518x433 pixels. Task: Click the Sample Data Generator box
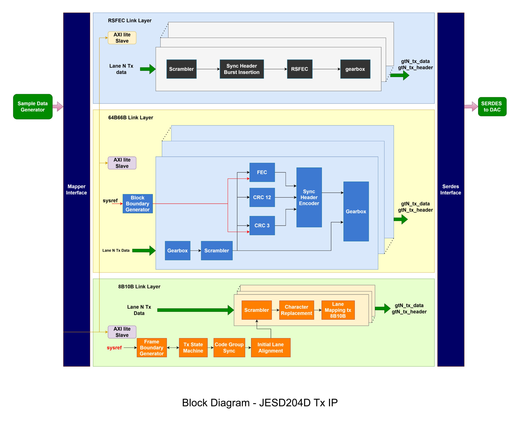[33, 106]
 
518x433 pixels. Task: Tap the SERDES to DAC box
[492, 106]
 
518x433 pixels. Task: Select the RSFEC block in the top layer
[299, 69]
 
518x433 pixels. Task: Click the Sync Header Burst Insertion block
[241, 69]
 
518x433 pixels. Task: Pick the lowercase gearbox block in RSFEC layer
[355, 69]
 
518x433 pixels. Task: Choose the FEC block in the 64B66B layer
[262, 172]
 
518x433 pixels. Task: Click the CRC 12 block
[262, 197]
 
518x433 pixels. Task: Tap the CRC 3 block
[262, 225]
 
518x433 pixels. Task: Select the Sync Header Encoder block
[309, 197]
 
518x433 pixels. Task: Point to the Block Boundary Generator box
[138, 203]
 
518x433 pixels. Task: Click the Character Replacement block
[296, 310]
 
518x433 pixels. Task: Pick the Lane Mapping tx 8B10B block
[338, 310]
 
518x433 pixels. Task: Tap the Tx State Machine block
[193, 347]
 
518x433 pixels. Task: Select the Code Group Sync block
[229, 347]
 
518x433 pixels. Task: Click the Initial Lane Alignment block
[270, 347]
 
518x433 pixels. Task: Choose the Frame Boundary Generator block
[152, 347]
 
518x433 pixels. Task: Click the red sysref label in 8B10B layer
[114, 348]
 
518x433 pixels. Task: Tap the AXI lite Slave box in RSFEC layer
[122, 38]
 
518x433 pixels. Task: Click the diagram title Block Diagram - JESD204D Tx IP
[260, 403]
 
